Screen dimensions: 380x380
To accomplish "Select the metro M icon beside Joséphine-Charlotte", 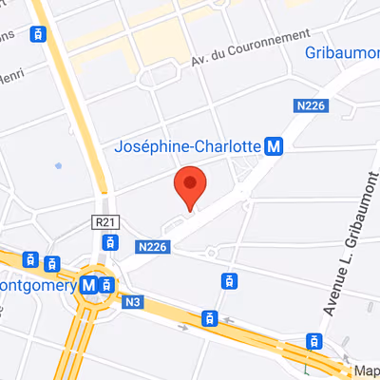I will (275, 146).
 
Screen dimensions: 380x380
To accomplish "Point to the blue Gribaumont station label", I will (342, 52).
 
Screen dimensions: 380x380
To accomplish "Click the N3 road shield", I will (134, 302).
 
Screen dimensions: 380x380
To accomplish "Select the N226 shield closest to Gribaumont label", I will (312, 105).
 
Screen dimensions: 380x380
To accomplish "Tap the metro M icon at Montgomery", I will (89, 284).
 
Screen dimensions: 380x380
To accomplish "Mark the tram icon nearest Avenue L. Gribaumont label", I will (313, 341).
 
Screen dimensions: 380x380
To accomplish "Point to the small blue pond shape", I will (58, 165).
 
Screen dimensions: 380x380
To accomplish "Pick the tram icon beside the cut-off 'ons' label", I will (37, 35).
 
